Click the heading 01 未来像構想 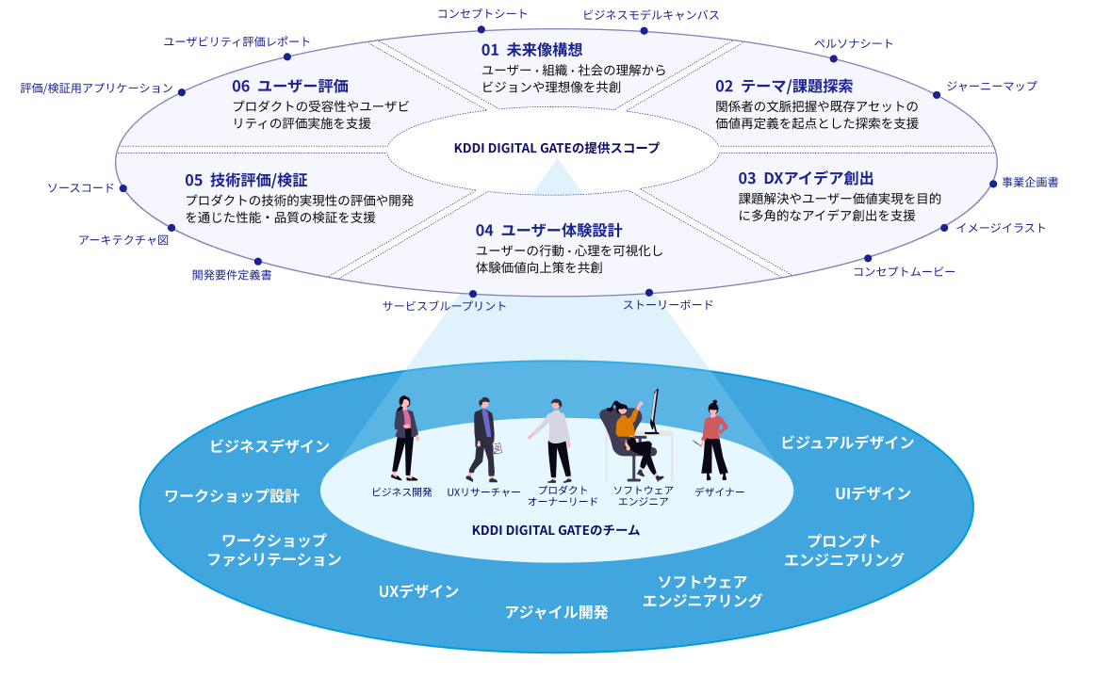pyautogui.click(x=531, y=50)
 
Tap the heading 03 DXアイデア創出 pyautogui.click(x=806, y=178)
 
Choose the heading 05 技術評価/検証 pyautogui.click(x=246, y=180)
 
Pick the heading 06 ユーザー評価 pyautogui.click(x=290, y=87)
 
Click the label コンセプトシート pyautogui.click(x=482, y=13)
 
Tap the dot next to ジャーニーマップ pyautogui.click(x=937, y=94)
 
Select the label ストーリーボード pyautogui.click(x=668, y=305)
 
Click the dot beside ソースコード pyautogui.click(x=123, y=188)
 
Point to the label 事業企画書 pyautogui.click(x=1030, y=183)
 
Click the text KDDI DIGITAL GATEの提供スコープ pyautogui.click(x=557, y=148)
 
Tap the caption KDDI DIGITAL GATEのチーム pyautogui.click(x=556, y=530)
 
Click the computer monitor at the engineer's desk pyautogui.click(x=653, y=411)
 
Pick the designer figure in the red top pyautogui.click(x=714, y=439)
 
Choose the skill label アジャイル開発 pyautogui.click(x=556, y=612)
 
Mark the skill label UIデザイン pyautogui.click(x=873, y=493)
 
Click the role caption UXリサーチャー pyautogui.click(x=483, y=492)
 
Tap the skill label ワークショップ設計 pyautogui.click(x=232, y=496)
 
